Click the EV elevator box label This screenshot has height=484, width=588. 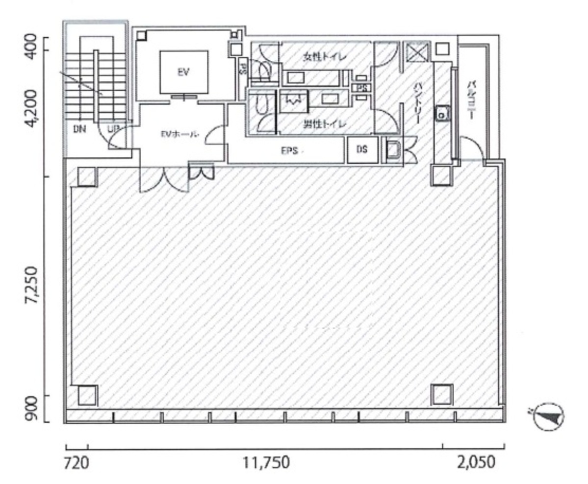tap(183, 72)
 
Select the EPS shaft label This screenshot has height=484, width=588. tap(289, 151)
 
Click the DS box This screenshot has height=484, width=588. tap(362, 150)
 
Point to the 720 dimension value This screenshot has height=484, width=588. tap(77, 462)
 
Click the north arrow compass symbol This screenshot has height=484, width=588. tap(548, 417)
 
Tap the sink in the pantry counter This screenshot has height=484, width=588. tap(443, 115)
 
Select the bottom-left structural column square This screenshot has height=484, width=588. tap(87, 395)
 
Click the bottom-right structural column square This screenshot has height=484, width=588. tap(441, 394)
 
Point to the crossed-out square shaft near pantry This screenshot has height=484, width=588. tap(416, 51)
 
